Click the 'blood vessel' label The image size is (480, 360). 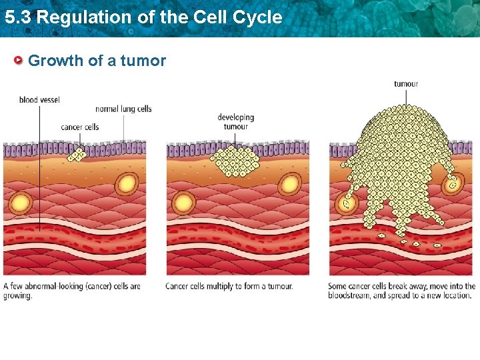click(x=39, y=100)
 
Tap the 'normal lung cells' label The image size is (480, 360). click(x=123, y=109)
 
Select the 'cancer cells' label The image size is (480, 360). click(x=79, y=127)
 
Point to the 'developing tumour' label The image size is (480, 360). click(x=235, y=122)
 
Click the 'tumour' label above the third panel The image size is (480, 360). click(x=406, y=84)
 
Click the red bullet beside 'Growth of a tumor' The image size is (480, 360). click(x=19, y=61)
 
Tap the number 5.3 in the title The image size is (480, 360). click(x=18, y=17)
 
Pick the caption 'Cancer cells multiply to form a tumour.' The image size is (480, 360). click(x=229, y=287)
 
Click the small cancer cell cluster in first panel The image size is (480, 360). click(x=78, y=155)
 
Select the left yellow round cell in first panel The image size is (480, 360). click(x=21, y=202)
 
